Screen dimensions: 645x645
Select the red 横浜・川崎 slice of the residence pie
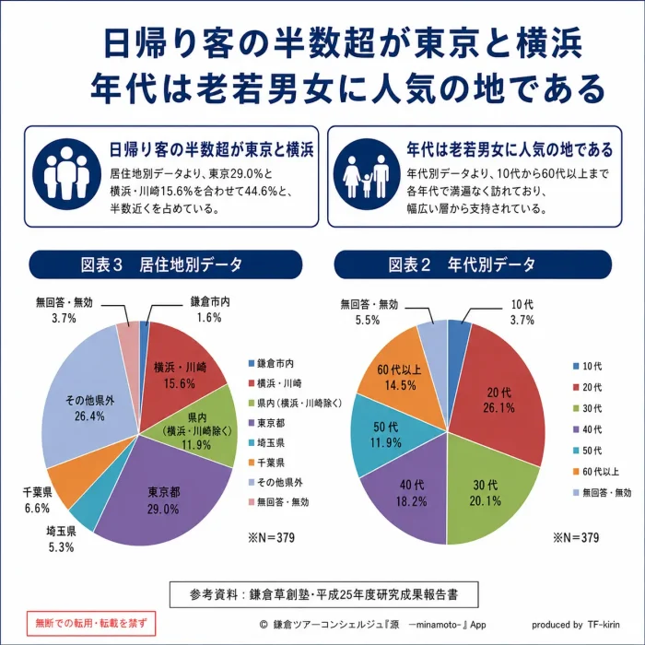pyautogui.click(x=181, y=370)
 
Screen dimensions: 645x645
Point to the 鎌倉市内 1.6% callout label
pyautogui.click(x=210, y=310)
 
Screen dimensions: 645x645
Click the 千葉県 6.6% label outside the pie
pyautogui.click(x=37, y=500)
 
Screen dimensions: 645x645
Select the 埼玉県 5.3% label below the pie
pyautogui.click(x=62, y=539)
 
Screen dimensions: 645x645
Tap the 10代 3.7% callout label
pyautogui.click(x=522, y=312)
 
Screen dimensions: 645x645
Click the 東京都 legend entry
pyautogui.click(x=266, y=423)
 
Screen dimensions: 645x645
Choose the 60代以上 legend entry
pyautogui.click(x=596, y=472)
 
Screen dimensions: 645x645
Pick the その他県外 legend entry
pyautogui.click(x=276, y=482)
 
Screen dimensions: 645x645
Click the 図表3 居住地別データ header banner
pyautogui.click(x=165, y=264)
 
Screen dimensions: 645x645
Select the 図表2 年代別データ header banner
pyautogui.click(x=473, y=264)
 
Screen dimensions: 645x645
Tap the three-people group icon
pyautogui.click(x=66, y=174)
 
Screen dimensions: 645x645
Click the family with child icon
pyautogui.click(x=367, y=174)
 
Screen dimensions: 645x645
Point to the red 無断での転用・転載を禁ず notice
pyautogui.click(x=91, y=623)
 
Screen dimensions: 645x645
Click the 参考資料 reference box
pyautogui.click(x=323, y=594)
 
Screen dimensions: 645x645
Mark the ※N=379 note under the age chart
pyautogui.click(x=576, y=537)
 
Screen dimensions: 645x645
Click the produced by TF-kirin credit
pyautogui.click(x=576, y=625)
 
